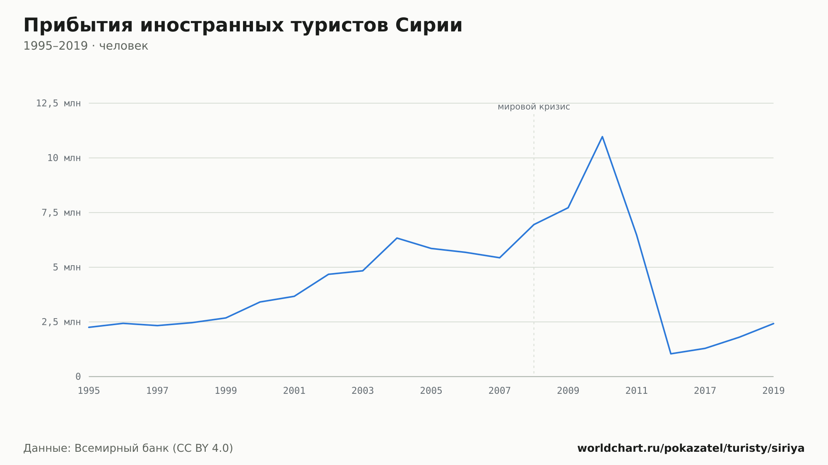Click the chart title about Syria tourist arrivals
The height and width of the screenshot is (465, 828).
click(x=243, y=25)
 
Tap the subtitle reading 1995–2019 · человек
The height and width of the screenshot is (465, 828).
click(x=86, y=46)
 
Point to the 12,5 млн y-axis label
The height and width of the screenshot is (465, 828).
click(x=58, y=103)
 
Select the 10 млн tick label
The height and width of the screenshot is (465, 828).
click(x=64, y=158)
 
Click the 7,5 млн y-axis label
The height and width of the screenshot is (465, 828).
click(x=61, y=213)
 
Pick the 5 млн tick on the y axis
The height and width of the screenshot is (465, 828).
click(x=67, y=267)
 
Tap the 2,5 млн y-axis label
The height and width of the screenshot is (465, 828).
click(x=61, y=322)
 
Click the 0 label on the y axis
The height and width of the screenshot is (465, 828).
click(x=78, y=376)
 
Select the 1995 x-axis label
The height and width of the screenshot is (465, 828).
click(x=89, y=391)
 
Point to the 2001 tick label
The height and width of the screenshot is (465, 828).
click(x=294, y=391)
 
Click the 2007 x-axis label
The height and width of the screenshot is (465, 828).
click(x=500, y=391)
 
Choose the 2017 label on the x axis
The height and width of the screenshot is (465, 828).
click(x=705, y=391)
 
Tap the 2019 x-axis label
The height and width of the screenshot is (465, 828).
click(x=773, y=391)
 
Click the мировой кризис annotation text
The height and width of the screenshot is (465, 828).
click(x=534, y=107)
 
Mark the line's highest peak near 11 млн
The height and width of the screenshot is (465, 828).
click(x=602, y=137)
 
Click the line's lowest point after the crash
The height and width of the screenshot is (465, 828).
click(x=671, y=354)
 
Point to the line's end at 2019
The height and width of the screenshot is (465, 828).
click(x=773, y=324)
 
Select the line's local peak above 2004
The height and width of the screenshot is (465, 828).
click(x=397, y=238)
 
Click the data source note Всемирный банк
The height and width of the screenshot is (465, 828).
click(x=128, y=448)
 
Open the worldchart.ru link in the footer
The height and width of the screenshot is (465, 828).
click(x=691, y=448)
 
